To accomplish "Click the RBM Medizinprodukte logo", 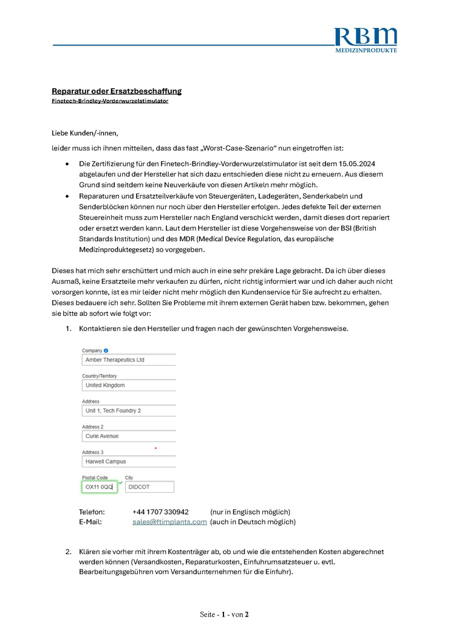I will pyautogui.click(x=366, y=39).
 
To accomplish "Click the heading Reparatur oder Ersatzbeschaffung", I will pyautogui.click(x=117, y=91).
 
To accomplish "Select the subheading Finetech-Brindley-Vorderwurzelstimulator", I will pyautogui.click(x=110, y=101).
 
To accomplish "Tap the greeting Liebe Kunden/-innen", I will pyautogui.click(x=85, y=132).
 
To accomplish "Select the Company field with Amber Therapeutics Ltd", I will pyautogui.click(x=129, y=360).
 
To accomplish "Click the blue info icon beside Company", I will pyautogui.click(x=106, y=351).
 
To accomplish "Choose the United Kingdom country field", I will pyautogui.click(x=129, y=385).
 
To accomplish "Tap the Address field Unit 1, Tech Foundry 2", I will pyautogui.click(x=129, y=411).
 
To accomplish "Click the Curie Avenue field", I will pyautogui.click(x=129, y=436).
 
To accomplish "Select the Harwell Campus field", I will pyautogui.click(x=129, y=462).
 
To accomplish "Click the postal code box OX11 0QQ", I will pyautogui.click(x=99, y=487).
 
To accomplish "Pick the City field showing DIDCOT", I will pyautogui.click(x=149, y=487).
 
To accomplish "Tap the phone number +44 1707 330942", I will pyautogui.click(x=160, y=512).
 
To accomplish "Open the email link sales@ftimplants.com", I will pyautogui.click(x=169, y=522).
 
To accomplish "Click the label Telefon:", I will pyautogui.click(x=92, y=512).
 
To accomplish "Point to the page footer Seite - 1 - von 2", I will pyautogui.click(x=224, y=614).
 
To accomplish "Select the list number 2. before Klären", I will pyautogui.click(x=69, y=552).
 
